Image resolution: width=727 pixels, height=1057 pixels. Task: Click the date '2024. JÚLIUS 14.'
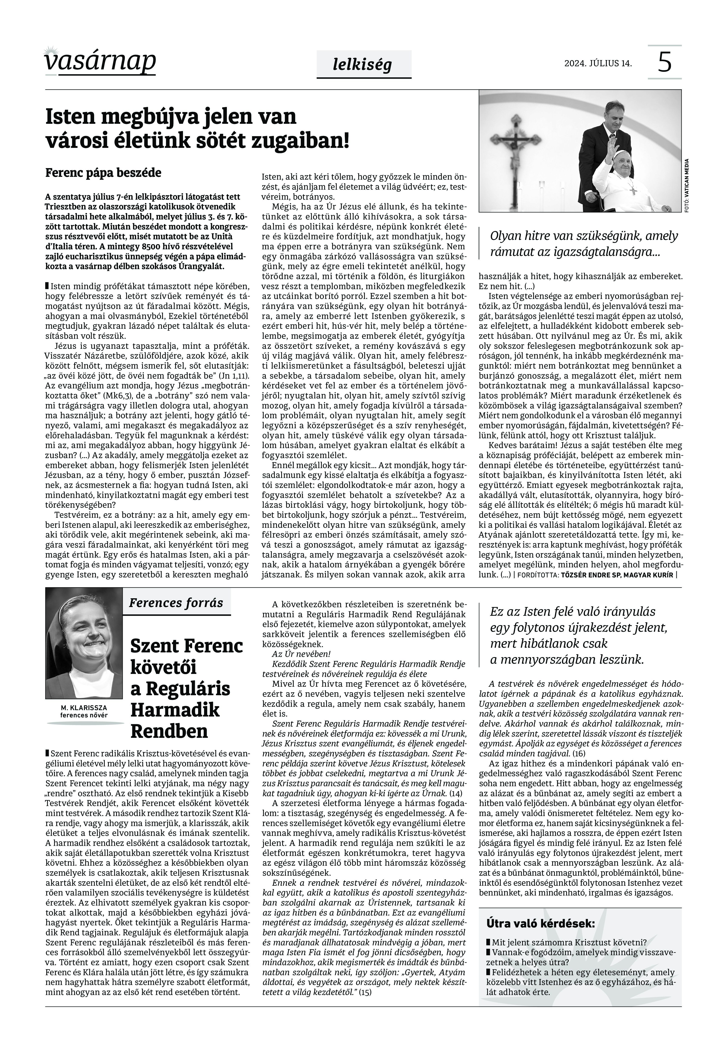point(598,63)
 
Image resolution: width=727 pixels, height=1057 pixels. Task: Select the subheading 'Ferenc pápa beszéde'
point(103,173)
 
